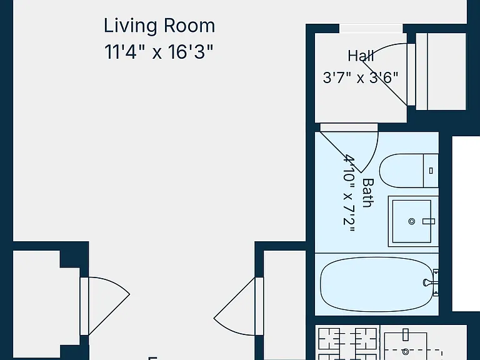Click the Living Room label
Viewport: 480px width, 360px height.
coord(159,26)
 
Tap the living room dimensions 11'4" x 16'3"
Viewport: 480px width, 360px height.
coord(159,51)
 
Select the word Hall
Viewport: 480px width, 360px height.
coord(361,56)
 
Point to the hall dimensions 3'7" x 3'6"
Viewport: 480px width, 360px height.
coord(361,77)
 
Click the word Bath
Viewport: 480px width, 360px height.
coord(368,193)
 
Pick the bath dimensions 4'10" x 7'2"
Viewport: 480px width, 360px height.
coord(349,194)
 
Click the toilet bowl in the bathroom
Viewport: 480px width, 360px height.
coord(401,171)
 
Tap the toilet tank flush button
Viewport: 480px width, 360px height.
coord(431,171)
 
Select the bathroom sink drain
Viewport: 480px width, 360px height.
coord(412,221)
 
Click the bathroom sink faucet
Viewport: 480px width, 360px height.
coord(429,221)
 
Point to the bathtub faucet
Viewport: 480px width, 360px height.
coord(431,283)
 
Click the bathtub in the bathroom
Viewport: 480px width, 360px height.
coord(377,284)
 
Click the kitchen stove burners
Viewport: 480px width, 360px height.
coord(347,343)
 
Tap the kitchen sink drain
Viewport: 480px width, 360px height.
coord(406,352)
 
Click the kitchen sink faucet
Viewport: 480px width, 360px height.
coord(406,334)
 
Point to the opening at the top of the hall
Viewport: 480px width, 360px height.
coord(371,28)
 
